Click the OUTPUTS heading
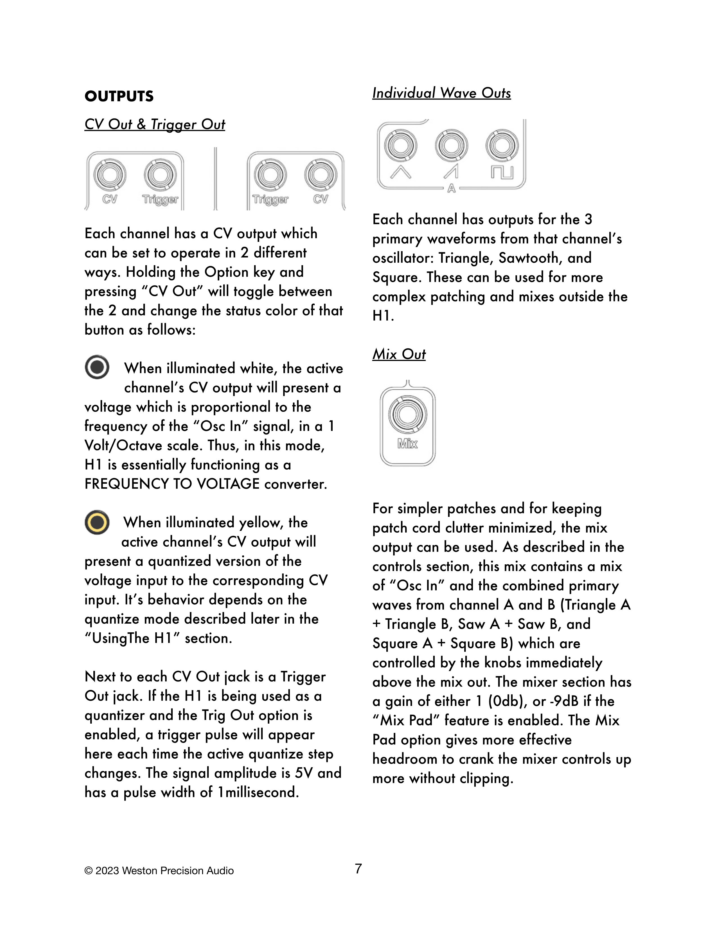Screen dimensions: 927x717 [119, 96]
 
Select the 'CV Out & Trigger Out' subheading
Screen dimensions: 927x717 [155, 124]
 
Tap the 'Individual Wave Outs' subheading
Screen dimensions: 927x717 [441, 93]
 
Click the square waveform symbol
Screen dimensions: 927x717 [502, 172]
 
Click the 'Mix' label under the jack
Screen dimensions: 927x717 [407, 444]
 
